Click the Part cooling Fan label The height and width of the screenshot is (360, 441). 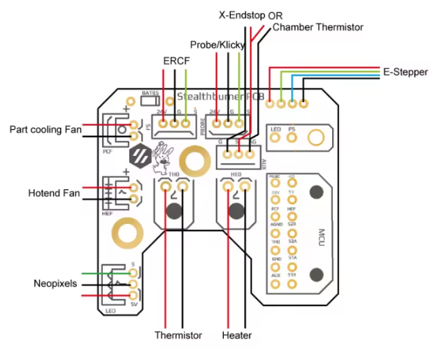(x=46, y=129)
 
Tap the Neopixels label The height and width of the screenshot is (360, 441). (x=55, y=283)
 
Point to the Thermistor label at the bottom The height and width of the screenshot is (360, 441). (x=178, y=336)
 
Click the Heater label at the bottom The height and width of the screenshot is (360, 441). (x=237, y=336)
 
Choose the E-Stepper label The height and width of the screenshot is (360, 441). (x=405, y=71)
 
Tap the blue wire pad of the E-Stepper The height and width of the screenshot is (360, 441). (x=293, y=104)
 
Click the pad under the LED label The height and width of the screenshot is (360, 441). (x=276, y=139)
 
